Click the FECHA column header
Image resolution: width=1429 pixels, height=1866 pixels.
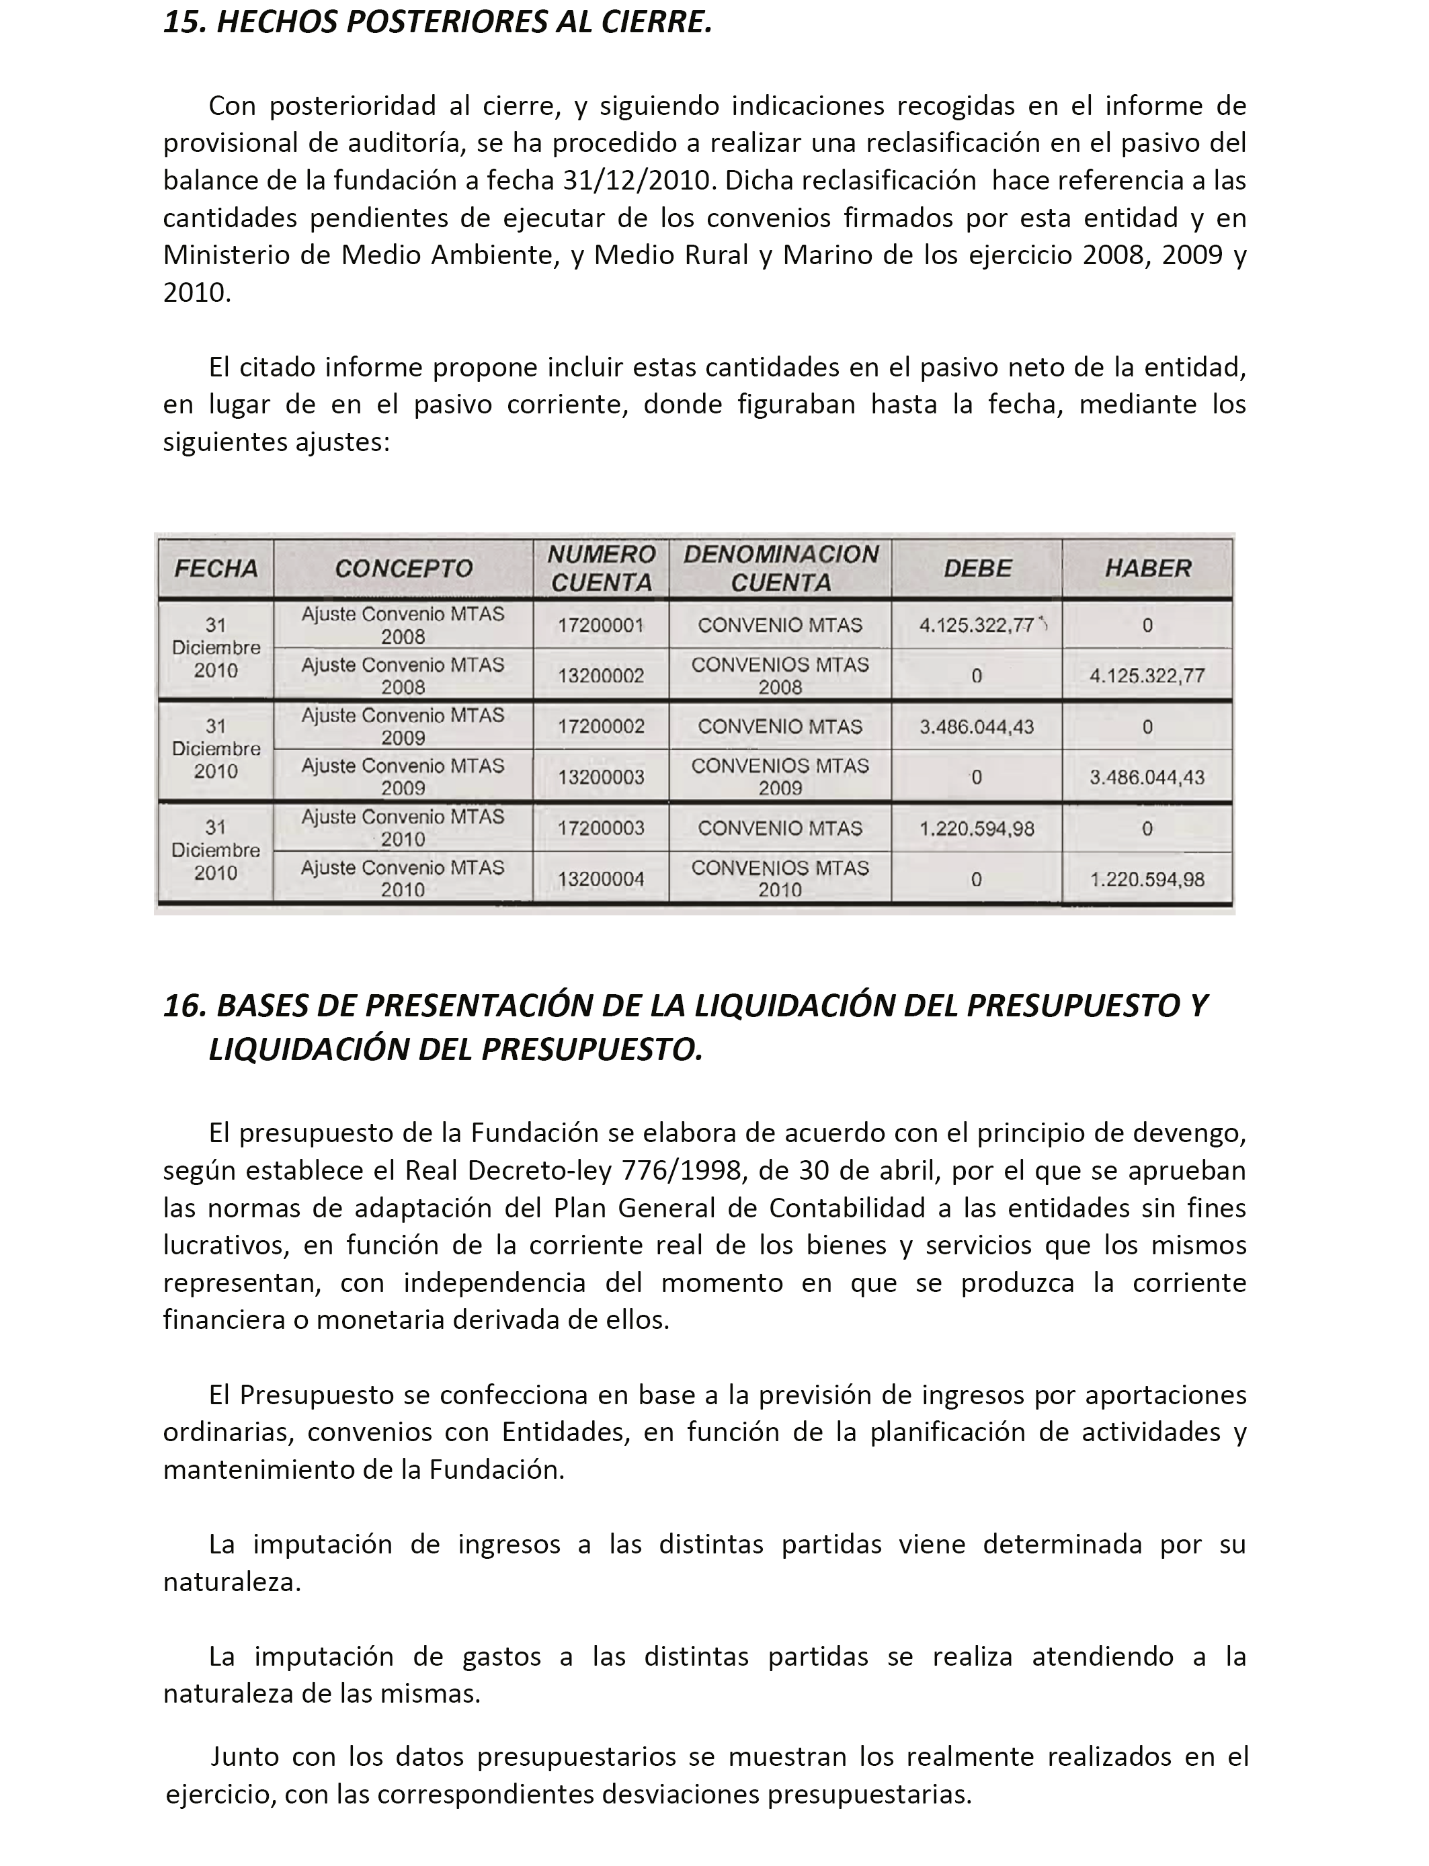(215, 568)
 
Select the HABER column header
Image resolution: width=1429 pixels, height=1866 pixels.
(1147, 568)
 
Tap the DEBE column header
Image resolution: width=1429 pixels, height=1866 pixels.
(977, 568)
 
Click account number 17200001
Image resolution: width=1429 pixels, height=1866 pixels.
(600, 625)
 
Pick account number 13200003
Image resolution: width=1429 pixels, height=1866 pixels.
(600, 776)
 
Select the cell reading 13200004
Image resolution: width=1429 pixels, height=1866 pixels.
(600, 879)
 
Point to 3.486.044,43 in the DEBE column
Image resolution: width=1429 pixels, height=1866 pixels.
(977, 727)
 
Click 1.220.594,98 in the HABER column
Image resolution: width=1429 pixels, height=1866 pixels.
(1147, 879)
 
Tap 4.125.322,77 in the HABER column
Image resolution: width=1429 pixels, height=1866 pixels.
(1147, 676)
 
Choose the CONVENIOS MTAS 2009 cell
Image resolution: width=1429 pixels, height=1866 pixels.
(780, 776)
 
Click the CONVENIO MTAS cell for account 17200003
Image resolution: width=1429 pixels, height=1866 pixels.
(780, 827)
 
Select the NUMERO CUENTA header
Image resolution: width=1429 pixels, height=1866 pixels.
(600, 568)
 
